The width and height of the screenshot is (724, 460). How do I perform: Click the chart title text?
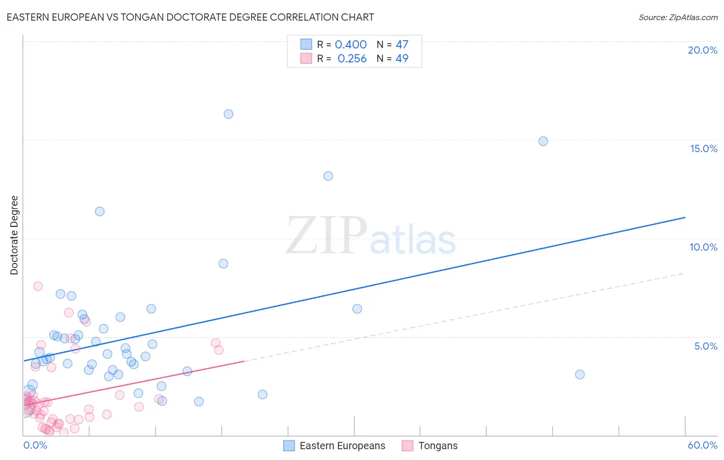pyautogui.click(x=190, y=17)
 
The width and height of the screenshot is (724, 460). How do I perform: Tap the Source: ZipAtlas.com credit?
pyautogui.click(x=678, y=17)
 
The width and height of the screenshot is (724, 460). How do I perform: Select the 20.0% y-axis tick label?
pyautogui.click(x=702, y=50)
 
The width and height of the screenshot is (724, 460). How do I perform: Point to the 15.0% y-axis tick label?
pyautogui.click(x=703, y=149)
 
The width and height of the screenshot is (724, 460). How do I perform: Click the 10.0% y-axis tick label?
pyautogui.click(x=703, y=247)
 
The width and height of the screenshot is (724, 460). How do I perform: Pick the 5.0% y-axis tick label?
pyautogui.click(x=705, y=346)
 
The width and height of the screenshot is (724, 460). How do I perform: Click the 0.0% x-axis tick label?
pyautogui.click(x=35, y=445)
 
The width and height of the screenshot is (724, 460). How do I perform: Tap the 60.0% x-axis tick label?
pyautogui.click(x=702, y=445)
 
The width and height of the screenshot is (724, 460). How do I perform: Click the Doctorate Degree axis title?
pyautogui.click(x=14, y=235)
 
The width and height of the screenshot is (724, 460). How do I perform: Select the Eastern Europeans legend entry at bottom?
pyautogui.click(x=335, y=446)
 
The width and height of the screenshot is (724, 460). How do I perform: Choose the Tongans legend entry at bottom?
pyautogui.click(x=430, y=446)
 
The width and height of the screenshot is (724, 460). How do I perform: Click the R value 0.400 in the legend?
pyautogui.click(x=351, y=44)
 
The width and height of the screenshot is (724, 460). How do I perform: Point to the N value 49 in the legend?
pyautogui.click(x=402, y=58)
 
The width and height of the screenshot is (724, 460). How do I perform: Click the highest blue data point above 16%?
pyautogui.click(x=228, y=114)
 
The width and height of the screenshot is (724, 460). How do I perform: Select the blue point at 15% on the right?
pyautogui.click(x=543, y=141)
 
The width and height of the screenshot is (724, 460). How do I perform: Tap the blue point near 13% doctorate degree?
pyautogui.click(x=328, y=176)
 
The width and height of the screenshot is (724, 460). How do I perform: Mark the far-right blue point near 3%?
pyautogui.click(x=580, y=374)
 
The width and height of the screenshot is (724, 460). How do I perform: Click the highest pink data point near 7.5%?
pyautogui.click(x=38, y=286)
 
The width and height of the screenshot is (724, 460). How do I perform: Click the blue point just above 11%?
pyautogui.click(x=100, y=211)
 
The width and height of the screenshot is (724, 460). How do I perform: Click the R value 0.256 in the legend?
pyautogui.click(x=352, y=58)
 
